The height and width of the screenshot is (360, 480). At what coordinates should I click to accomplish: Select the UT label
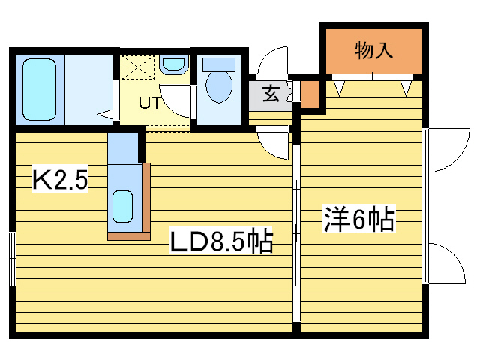[148, 103]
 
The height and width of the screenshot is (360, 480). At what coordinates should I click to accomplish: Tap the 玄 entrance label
[271, 95]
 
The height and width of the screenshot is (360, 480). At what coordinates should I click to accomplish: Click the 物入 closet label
[373, 51]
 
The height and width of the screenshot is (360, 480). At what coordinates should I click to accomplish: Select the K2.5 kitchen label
[60, 181]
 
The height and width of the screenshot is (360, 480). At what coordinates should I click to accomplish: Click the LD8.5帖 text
[220, 241]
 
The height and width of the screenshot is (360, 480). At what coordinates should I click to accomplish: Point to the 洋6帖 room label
[359, 219]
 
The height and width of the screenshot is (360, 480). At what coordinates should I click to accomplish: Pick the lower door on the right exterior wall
[447, 262]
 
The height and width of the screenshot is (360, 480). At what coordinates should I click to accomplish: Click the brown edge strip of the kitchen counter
[145, 202]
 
